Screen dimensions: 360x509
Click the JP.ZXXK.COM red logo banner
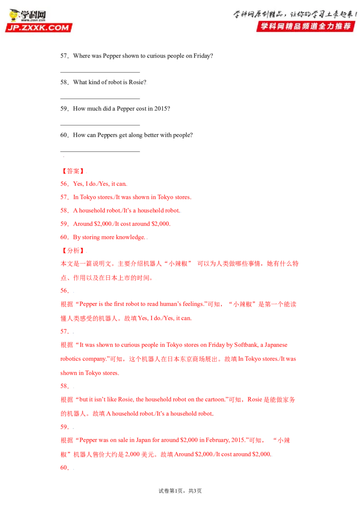(39, 27)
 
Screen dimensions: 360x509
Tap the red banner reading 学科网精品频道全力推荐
(306, 26)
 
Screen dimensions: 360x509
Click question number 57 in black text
(64, 56)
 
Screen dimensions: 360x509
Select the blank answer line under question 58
(100, 98)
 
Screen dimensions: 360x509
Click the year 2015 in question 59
(162, 109)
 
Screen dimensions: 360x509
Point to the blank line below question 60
(100, 151)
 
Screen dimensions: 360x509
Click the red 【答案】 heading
(73, 171)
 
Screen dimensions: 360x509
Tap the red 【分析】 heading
(73, 250)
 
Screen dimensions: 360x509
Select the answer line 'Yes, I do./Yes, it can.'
(100, 184)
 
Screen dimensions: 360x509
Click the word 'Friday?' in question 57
(203, 56)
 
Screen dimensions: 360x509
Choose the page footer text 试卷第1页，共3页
(180, 491)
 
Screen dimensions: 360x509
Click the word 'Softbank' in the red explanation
(246, 345)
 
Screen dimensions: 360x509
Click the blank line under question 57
(100, 72)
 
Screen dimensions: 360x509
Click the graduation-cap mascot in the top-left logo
(14, 16)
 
